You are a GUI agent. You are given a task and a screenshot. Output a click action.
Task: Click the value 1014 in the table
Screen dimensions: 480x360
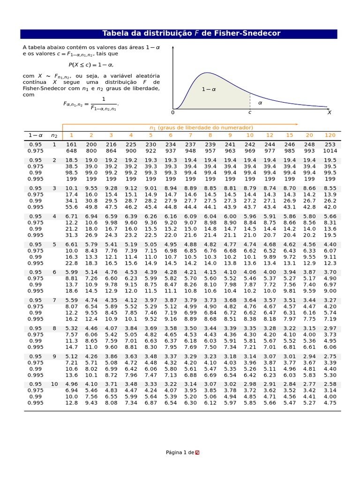[x=330, y=151]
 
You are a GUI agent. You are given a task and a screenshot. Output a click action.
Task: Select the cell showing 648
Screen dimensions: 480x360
[x=71, y=151]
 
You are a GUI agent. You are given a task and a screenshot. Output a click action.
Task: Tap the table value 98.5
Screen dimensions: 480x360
[x=71, y=172]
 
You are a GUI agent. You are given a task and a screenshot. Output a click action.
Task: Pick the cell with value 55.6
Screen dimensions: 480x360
[x=71, y=207]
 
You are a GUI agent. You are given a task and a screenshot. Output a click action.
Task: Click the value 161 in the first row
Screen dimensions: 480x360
[x=71, y=145]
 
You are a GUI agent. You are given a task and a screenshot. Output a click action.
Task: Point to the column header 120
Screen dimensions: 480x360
[x=330, y=135]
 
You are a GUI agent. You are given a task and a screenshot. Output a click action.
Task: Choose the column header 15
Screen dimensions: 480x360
[x=290, y=135]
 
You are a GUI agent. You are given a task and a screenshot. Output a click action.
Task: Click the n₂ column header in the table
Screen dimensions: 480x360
[x=54, y=135]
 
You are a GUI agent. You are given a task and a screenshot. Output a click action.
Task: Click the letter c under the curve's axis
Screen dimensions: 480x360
[x=250, y=112]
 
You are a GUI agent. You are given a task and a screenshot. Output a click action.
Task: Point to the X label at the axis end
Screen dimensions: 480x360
[x=329, y=112]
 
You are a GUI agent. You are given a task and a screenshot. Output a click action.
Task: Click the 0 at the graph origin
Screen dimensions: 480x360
[x=172, y=112]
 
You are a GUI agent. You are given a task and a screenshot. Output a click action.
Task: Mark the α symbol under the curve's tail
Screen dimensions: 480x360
[x=260, y=103]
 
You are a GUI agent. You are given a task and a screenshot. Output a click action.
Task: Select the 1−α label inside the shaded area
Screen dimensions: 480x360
[x=209, y=89]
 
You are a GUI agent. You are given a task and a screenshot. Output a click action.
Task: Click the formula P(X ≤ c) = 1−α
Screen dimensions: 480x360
[x=91, y=65]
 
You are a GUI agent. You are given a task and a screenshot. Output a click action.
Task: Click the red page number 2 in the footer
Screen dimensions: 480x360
[x=197, y=452]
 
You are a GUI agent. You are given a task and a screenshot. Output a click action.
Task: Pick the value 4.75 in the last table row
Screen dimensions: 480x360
[x=330, y=403]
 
